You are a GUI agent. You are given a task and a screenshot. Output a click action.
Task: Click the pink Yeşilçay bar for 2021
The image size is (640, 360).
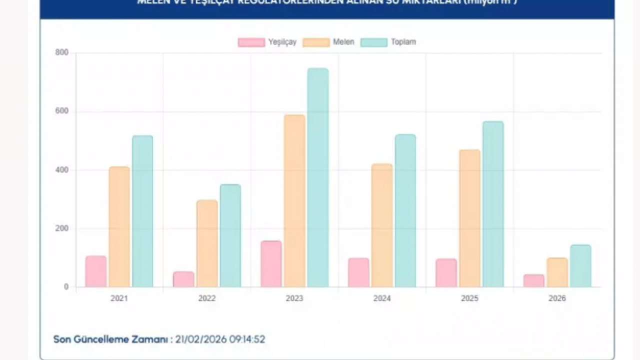click(96, 271)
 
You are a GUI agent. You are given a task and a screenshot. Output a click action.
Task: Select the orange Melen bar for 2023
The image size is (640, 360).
click(294, 201)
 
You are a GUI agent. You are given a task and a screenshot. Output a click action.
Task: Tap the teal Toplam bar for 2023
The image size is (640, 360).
click(318, 178)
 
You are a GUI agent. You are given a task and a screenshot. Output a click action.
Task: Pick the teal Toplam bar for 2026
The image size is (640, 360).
click(580, 266)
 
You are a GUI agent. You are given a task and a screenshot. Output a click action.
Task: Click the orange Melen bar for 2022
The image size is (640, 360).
click(207, 243)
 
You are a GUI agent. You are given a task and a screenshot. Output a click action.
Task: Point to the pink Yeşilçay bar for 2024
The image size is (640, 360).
click(358, 272)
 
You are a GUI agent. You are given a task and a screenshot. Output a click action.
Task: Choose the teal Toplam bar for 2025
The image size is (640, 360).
click(493, 204)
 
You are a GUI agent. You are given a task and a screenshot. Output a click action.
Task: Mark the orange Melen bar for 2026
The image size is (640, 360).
click(557, 272)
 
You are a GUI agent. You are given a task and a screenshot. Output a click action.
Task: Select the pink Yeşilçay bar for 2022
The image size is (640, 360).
click(183, 279)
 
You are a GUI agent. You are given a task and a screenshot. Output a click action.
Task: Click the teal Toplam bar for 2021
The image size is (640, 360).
click(142, 211)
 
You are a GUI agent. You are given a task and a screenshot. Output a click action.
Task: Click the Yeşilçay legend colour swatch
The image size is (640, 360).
click(251, 42)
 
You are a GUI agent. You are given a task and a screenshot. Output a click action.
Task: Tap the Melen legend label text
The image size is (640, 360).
click(343, 42)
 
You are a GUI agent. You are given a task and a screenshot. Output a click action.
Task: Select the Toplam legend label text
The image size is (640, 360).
click(403, 42)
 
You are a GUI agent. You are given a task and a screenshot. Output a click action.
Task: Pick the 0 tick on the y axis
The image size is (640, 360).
click(66, 287)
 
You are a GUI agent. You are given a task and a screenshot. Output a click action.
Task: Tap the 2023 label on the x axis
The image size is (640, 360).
click(294, 298)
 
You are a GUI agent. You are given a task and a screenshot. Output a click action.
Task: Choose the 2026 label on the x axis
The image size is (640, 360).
click(557, 298)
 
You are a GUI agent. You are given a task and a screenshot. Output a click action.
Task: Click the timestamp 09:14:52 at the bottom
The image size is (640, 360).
click(247, 339)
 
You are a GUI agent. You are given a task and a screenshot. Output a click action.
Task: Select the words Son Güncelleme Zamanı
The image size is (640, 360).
click(110, 339)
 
